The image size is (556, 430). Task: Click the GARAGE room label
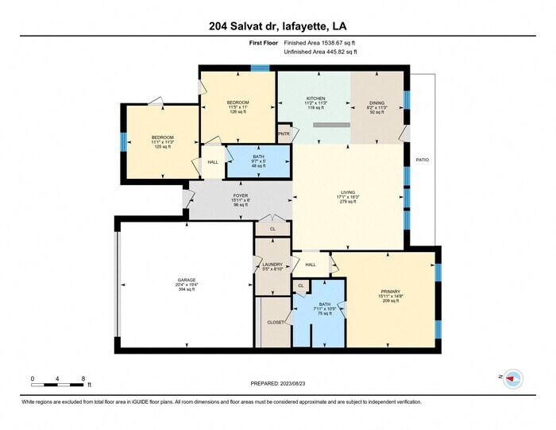[x=186, y=280]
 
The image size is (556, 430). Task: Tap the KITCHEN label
[x=315, y=99]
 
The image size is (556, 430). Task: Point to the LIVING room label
[x=348, y=191]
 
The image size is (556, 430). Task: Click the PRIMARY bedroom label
[x=390, y=292]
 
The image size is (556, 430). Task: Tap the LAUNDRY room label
[x=272, y=264]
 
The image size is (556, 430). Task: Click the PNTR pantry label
[x=283, y=134]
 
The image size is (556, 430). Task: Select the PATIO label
[x=423, y=161]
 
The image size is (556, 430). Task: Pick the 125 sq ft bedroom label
[x=163, y=138]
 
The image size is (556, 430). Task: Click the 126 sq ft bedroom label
[x=238, y=103]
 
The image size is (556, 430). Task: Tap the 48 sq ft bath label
[x=258, y=157]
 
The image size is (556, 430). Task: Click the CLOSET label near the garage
[x=276, y=322]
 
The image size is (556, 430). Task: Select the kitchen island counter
[x=331, y=126]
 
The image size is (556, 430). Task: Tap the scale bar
[x=57, y=385]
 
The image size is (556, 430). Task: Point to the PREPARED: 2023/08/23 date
[x=277, y=385]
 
